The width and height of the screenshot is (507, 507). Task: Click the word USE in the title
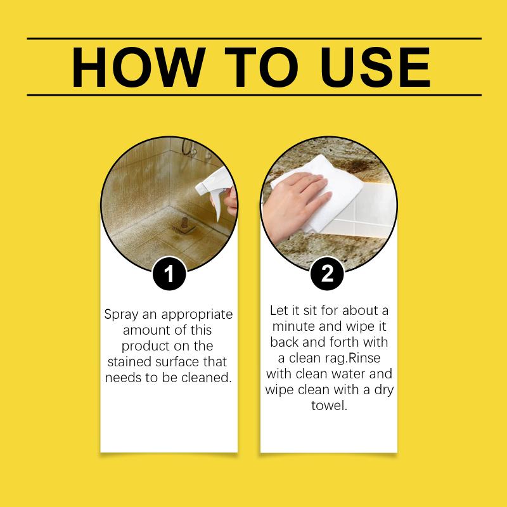click(x=375, y=67)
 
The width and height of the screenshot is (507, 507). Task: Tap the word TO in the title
click(x=261, y=67)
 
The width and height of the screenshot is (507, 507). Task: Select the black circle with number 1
click(x=169, y=274)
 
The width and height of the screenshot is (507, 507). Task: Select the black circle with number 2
click(x=327, y=274)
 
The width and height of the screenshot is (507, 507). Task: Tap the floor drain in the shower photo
click(x=184, y=226)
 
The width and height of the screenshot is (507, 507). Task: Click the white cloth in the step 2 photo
click(x=320, y=191)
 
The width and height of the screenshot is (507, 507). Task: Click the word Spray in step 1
click(x=121, y=315)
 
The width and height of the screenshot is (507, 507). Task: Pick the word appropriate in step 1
click(x=197, y=315)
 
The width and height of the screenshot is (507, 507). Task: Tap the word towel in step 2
click(x=329, y=406)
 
